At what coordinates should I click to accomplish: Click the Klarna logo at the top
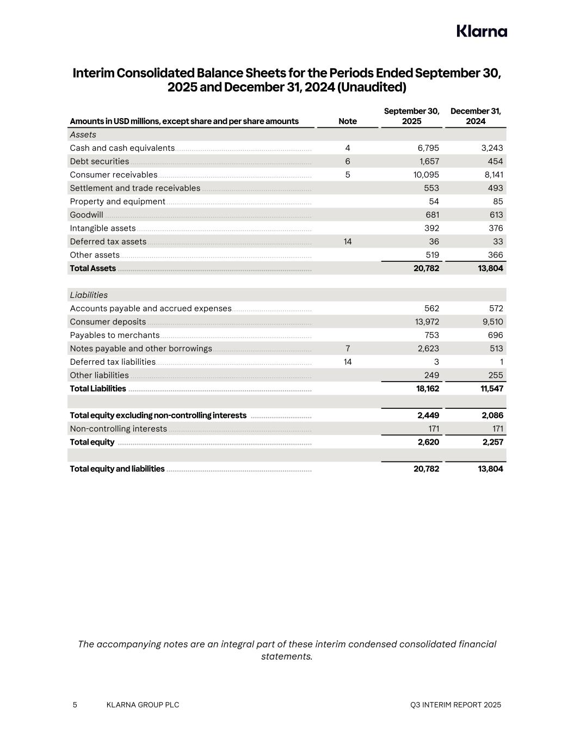(482, 31)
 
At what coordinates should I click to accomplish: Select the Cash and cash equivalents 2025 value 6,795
(428, 148)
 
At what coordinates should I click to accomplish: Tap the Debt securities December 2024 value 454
(495, 161)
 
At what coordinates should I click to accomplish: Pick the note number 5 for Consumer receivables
(348, 175)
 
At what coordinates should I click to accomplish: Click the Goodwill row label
(87, 215)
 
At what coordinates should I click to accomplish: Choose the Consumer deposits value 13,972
(427, 322)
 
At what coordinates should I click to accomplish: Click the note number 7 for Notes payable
(348, 348)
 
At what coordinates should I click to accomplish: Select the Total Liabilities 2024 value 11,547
(491, 389)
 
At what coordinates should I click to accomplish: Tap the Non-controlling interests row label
(118, 429)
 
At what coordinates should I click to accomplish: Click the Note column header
(348, 121)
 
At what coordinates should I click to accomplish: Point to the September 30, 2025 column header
(411, 116)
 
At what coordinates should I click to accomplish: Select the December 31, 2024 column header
(476, 116)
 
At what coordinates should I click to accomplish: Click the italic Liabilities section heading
(89, 295)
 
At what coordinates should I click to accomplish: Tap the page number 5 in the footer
(75, 705)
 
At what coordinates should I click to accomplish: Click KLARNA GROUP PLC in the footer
(143, 705)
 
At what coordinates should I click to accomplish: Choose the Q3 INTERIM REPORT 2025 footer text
(455, 705)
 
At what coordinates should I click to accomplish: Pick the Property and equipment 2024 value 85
(497, 201)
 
